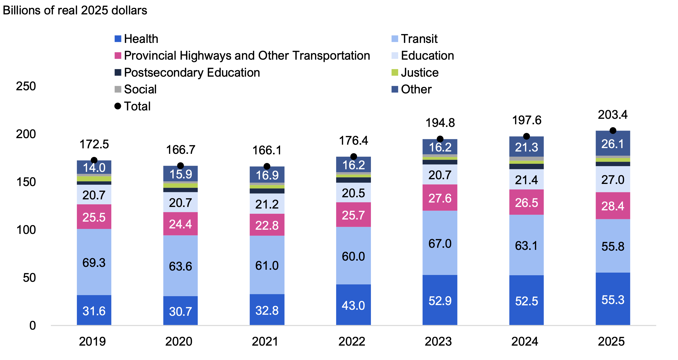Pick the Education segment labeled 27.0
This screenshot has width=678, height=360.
click(x=613, y=179)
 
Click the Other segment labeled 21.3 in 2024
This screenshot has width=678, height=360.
click(x=526, y=147)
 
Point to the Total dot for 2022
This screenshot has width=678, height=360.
click(x=353, y=156)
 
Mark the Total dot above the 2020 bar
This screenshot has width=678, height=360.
click(x=180, y=166)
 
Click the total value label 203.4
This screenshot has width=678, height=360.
click(x=612, y=115)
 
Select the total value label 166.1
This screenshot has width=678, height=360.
click(x=267, y=150)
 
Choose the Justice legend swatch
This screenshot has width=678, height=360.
click(x=394, y=72)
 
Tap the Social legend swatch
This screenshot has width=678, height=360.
click(x=118, y=89)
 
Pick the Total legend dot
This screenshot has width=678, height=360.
click(x=118, y=106)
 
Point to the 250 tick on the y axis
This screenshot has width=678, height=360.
click(x=26, y=86)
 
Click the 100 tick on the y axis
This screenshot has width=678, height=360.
click(x=26, y=230)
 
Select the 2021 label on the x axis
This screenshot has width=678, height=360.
click(x=265, y=342)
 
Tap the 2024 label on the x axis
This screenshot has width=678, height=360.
click(x=524, y=342)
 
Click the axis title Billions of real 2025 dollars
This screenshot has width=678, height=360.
click(x=75, y=10)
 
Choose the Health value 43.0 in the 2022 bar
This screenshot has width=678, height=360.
click(x=353, y=306)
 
